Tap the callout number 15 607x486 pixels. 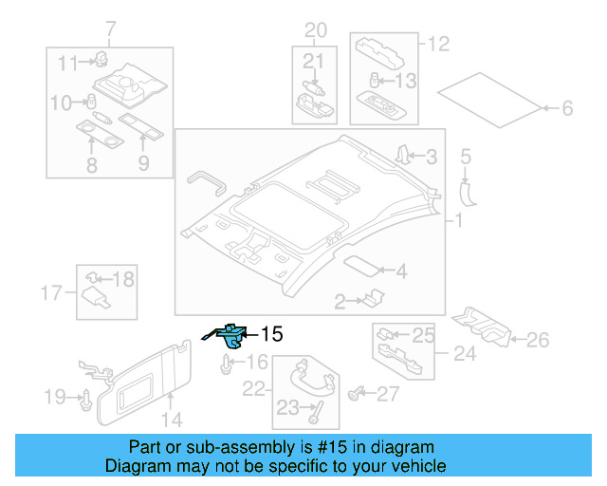click(271, 334)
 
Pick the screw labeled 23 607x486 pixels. click(315, 412)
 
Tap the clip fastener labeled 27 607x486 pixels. click(358, 390)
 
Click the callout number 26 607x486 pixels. click(537, 339)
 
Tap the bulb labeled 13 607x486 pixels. click(375, 81)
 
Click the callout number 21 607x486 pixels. click(314, 62)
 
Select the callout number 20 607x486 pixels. click(314, 28)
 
